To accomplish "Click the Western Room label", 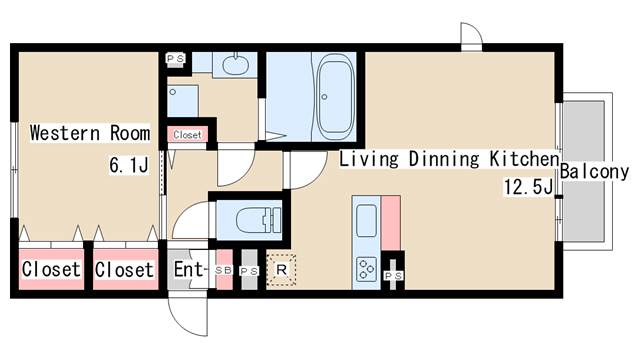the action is click(90, 133).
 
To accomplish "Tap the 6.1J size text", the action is click(129, 165).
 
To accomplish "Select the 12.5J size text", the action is click(529, 187).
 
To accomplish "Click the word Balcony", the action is click(594, 171).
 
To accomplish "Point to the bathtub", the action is click(335, 97).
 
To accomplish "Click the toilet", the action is click(259, 220).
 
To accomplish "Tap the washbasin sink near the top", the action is click(236, 64).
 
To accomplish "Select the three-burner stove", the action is click(366, 269).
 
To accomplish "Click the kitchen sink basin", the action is click(366, 221).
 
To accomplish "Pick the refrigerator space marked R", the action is click(281, 269).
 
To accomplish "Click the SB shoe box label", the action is click(224, 270).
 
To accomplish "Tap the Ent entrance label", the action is click(188, 269).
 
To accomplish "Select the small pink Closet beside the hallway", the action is click(187, 135).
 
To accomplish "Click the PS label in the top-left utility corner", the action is click(176, 58).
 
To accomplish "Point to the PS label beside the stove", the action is click(393, 276).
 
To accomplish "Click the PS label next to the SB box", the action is click(249, 271).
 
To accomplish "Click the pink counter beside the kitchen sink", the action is click(391, 223).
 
